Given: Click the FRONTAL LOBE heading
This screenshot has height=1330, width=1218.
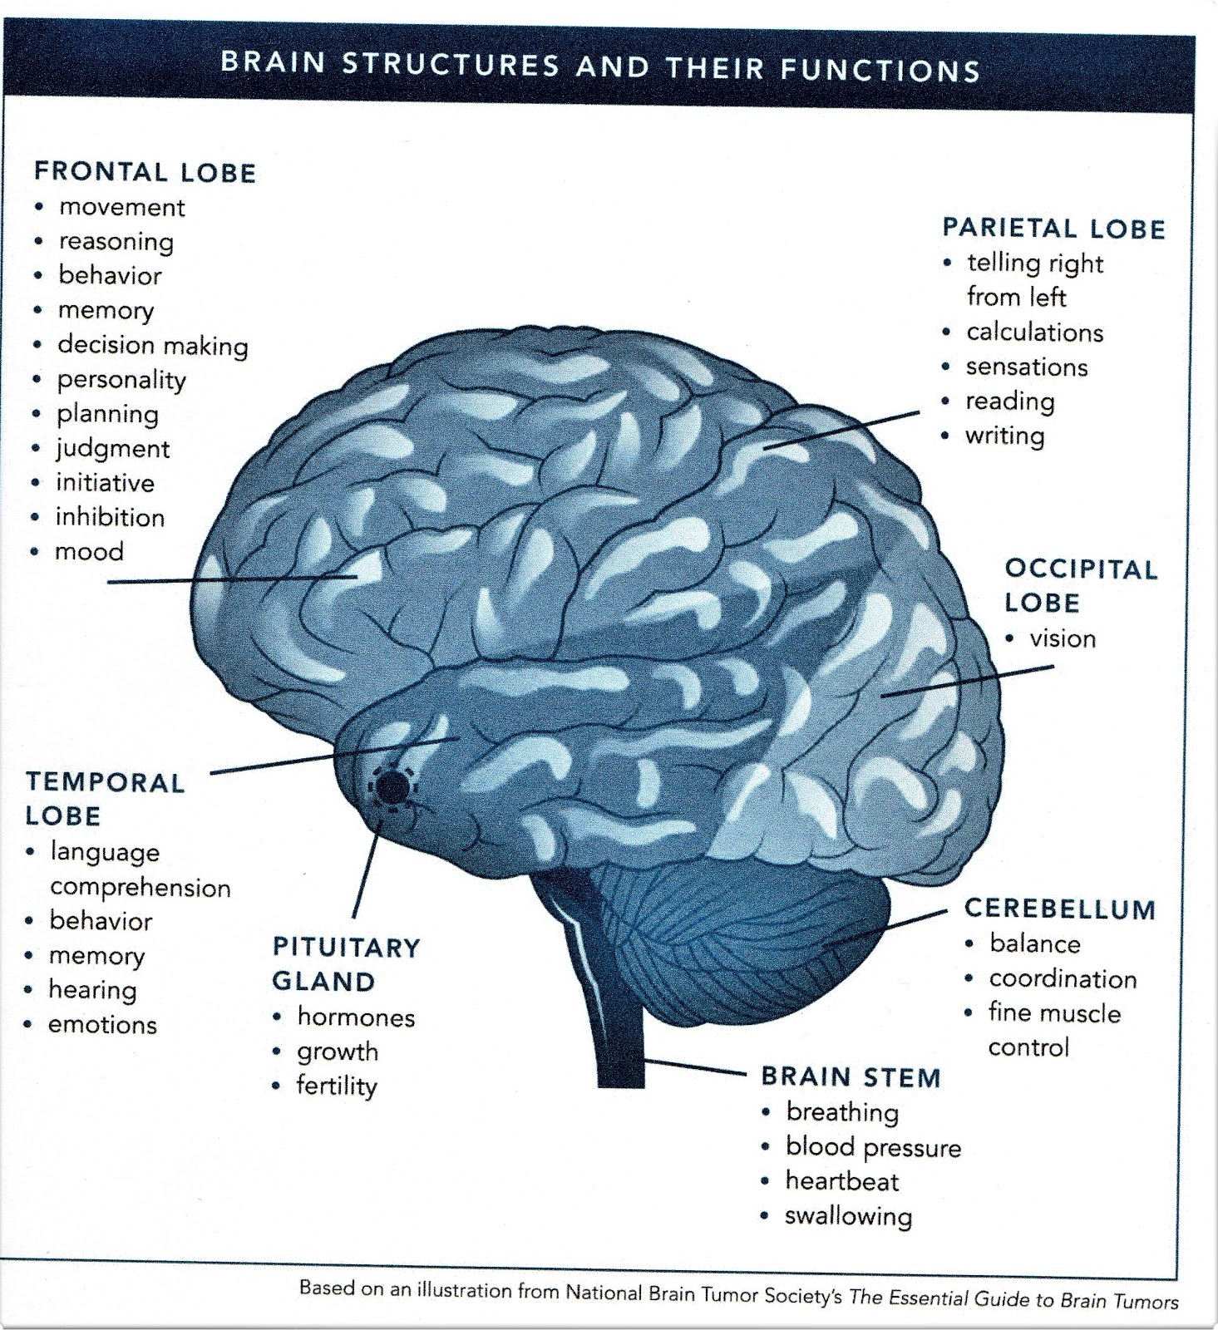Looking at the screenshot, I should pyautogui.click(x=145, y=172).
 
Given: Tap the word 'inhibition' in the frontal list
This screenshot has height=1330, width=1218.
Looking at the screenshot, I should pyautogui.click(x=110, y=517).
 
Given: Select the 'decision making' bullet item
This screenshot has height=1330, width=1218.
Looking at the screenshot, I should pyautogui.click(x=153, y=345).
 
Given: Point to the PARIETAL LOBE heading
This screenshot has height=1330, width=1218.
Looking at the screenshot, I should pyautogui.click(x=1053, y=229).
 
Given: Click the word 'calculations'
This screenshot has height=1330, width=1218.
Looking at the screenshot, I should pyautogui.click(x=1034, y=332).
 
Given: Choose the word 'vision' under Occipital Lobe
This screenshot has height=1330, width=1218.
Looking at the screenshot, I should pyautogui.click(x=1063, y=638).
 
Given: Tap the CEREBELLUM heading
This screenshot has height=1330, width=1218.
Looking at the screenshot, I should pyautogui.click(x=1060, y=909).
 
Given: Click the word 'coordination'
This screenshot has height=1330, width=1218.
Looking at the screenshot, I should pyautogui.click(x=1063, y=978).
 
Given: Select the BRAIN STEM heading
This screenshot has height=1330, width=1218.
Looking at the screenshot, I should pyautogui.click(x=851, y=1077).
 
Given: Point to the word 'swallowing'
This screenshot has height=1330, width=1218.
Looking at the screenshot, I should pyautogui.click(x=848, y=1216).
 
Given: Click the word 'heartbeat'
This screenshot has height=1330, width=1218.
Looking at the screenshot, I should pyautogui.click(x=842, y=1181).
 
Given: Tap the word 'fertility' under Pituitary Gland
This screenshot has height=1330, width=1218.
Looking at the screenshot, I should pyautogui.click(x=337, y=1086).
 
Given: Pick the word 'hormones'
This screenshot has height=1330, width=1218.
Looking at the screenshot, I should pyautogui.click(x=356, y=1017).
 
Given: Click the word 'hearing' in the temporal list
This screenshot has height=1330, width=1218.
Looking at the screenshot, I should pyautogui.click(x=92, y=990).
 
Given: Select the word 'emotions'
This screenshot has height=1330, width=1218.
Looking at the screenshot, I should pyautogui.click(x=102, y=1024).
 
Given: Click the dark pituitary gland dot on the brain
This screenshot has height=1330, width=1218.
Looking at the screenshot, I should pyautogui.click(x=391, y=786).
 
